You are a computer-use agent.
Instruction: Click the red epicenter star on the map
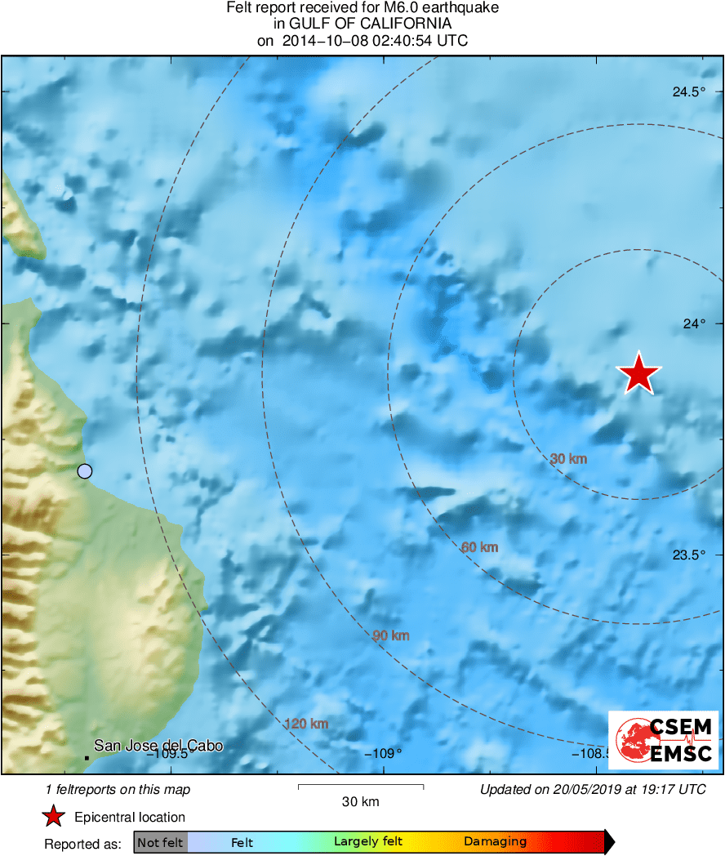(x=638, y=373)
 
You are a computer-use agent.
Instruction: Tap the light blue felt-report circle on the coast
(x=85, y=470)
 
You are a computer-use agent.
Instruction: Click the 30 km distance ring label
(x=568, y=459)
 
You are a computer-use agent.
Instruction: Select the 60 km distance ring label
(x=479, y=547)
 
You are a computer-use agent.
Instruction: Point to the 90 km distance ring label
(x=390, y=635)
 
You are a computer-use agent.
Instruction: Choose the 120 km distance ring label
(x=306, y=724)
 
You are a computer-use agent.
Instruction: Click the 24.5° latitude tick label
(x=688, y=92)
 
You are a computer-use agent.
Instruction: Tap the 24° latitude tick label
(x=694, y=324)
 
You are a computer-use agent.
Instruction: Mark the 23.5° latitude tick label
(x=688, y=555)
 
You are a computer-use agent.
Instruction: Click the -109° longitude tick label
(x=383, y=753)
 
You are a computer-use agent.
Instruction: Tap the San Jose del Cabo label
(x=158, y=745)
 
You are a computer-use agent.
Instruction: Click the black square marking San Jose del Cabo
(x=87, y=758)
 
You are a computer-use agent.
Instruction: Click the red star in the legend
(x=54, y=816)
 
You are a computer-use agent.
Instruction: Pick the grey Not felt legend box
(x=160, y=842)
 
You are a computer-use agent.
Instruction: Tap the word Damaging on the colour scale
(x=495, y=842)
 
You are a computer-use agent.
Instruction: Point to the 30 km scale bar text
(x=360, y=801)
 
